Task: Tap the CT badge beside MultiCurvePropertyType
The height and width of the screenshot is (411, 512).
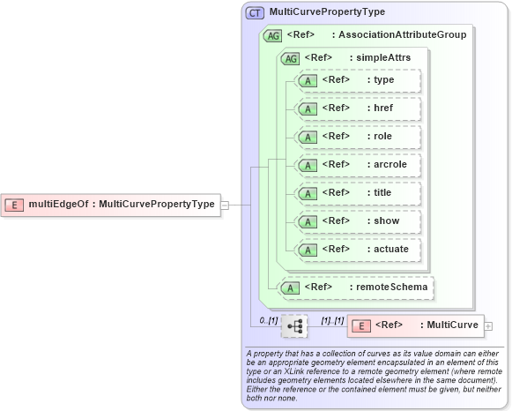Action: click(x=256, y=12)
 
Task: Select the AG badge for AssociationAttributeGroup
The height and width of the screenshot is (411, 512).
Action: click(x=272, y=35)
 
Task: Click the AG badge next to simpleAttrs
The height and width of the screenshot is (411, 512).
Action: click(x=289, y=58)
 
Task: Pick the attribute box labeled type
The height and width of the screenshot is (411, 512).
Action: click(x=358, y=80)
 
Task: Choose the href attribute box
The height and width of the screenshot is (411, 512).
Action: click(x=358, y=108)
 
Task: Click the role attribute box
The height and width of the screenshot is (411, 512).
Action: click(x=358, y=137)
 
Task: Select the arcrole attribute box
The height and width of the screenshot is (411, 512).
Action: click(x=358, y=165)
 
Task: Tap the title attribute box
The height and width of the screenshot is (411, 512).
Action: click(x=358, y=193)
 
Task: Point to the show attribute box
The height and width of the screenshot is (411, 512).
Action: click(x=358, y=221)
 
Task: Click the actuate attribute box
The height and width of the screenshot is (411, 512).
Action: click(x=358, y=250)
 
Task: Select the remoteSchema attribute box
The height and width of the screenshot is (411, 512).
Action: click(x=357, y=287)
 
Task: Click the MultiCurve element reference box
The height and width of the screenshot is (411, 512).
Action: click(x=414, y=325)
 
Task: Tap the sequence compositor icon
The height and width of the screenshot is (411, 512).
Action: click(x=294, y=327)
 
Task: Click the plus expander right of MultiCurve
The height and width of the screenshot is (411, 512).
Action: click(x=488, y=326)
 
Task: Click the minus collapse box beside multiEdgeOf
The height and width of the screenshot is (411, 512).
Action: click(x=225, y=205)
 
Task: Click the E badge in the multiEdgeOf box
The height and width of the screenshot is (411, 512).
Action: click(x=14, y=205)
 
